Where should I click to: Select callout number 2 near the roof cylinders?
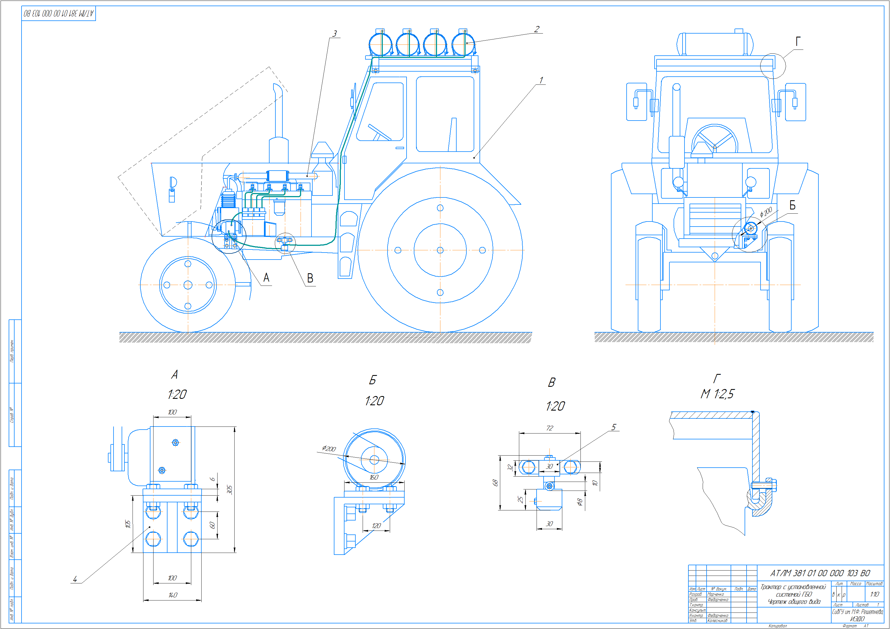pos(537,29)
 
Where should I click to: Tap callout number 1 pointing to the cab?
pos(541,80)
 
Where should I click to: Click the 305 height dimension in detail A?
pos(230,489)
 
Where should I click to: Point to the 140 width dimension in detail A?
pos(173,595)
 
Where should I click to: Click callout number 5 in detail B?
pos(614,427)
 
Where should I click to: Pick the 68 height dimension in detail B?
pos(495,483)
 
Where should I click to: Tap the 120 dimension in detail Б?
pos(376,526)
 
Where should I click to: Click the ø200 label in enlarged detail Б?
pos(329,448)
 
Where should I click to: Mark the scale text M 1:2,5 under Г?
pos(717,394)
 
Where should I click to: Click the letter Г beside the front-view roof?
pos(798,41)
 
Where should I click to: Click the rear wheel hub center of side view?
pos(440,250)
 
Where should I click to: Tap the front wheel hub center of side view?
pos(188,285)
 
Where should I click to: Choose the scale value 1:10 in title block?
pos(875,594)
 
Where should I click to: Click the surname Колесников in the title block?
pos(717,620)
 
